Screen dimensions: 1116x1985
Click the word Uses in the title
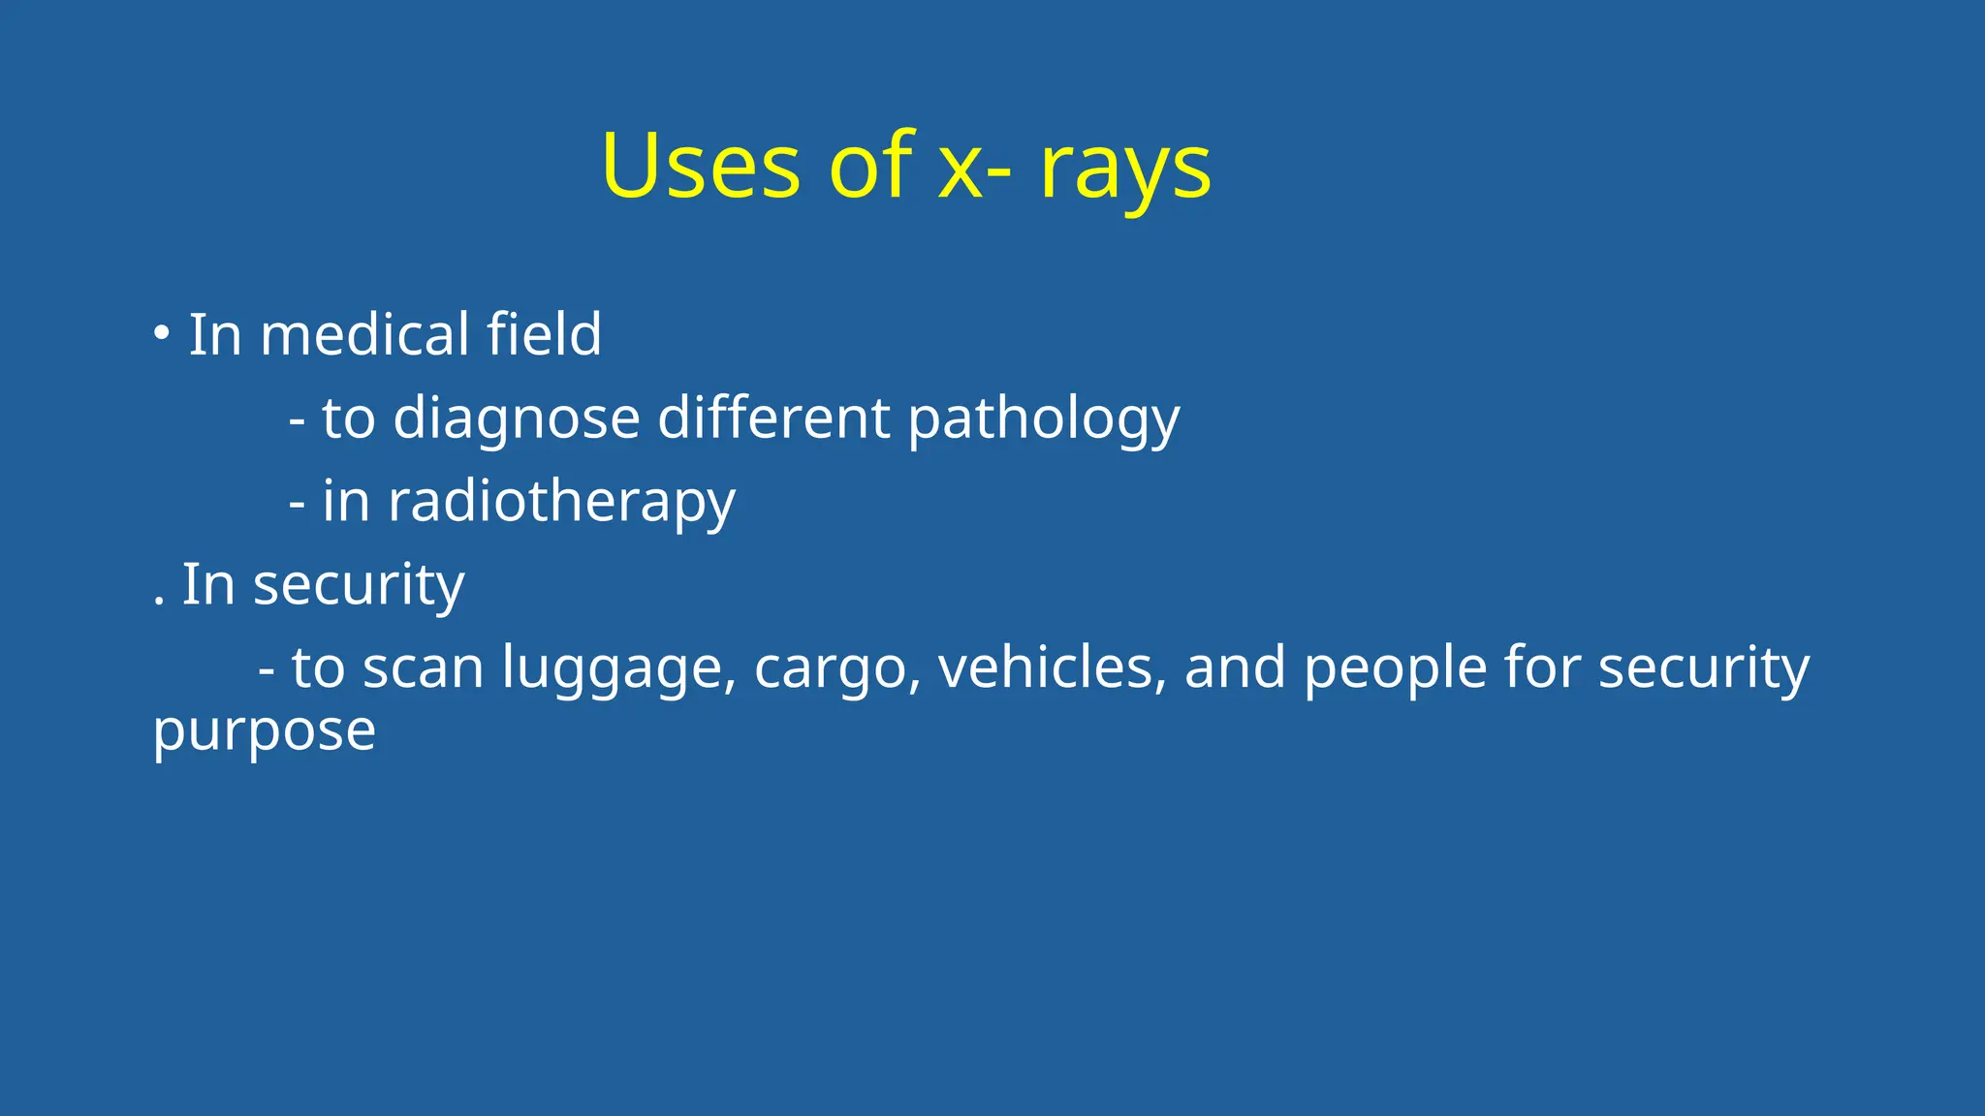pos(700,167)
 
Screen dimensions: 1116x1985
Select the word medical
pos(364,335)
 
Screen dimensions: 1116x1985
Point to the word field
pos(544,334)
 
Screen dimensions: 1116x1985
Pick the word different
pos(773,418)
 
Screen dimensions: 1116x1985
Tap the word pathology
pos(1043,420)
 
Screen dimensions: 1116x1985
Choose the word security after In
pos(359,587)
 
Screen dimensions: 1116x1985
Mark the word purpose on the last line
pos(264,733)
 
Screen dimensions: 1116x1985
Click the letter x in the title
pos(961,171)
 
